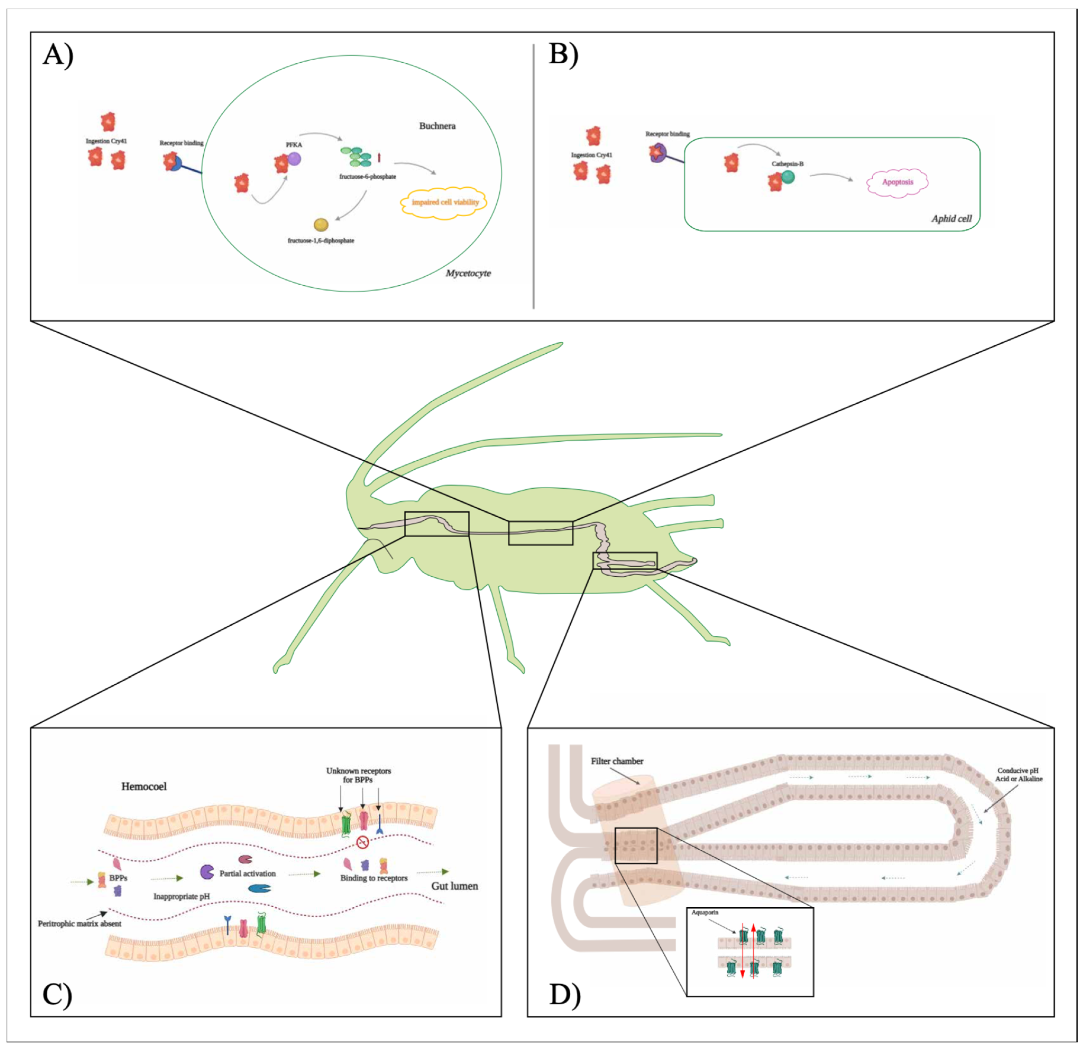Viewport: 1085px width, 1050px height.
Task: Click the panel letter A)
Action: click(58, 56)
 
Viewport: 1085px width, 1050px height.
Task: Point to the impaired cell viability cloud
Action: click(445, 203)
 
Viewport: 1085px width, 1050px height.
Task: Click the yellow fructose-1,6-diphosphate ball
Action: click(321, 225)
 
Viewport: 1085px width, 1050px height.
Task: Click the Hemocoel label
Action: click(144, 787)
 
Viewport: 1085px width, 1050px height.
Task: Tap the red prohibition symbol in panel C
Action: click(363, 843)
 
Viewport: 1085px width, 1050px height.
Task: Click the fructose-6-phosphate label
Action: click(368, 177)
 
